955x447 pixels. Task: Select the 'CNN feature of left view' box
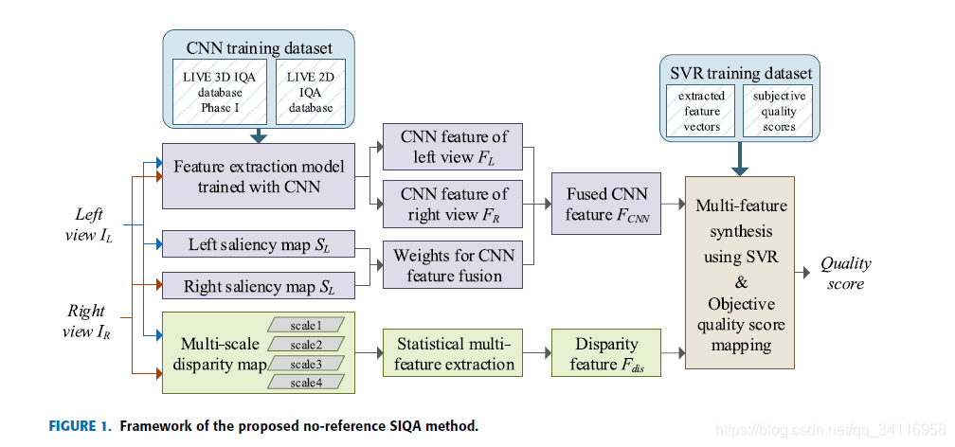click(453, 148)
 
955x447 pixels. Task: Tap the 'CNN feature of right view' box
click(453, 206)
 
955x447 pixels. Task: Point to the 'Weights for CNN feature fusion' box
click(453, 264)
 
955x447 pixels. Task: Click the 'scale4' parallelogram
click(305, 382)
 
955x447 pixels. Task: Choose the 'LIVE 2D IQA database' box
click(310, 92)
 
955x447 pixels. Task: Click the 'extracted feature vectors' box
click(701, 111)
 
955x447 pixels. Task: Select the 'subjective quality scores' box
click(779, 111)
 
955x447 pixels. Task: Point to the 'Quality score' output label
click(846, 273)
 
